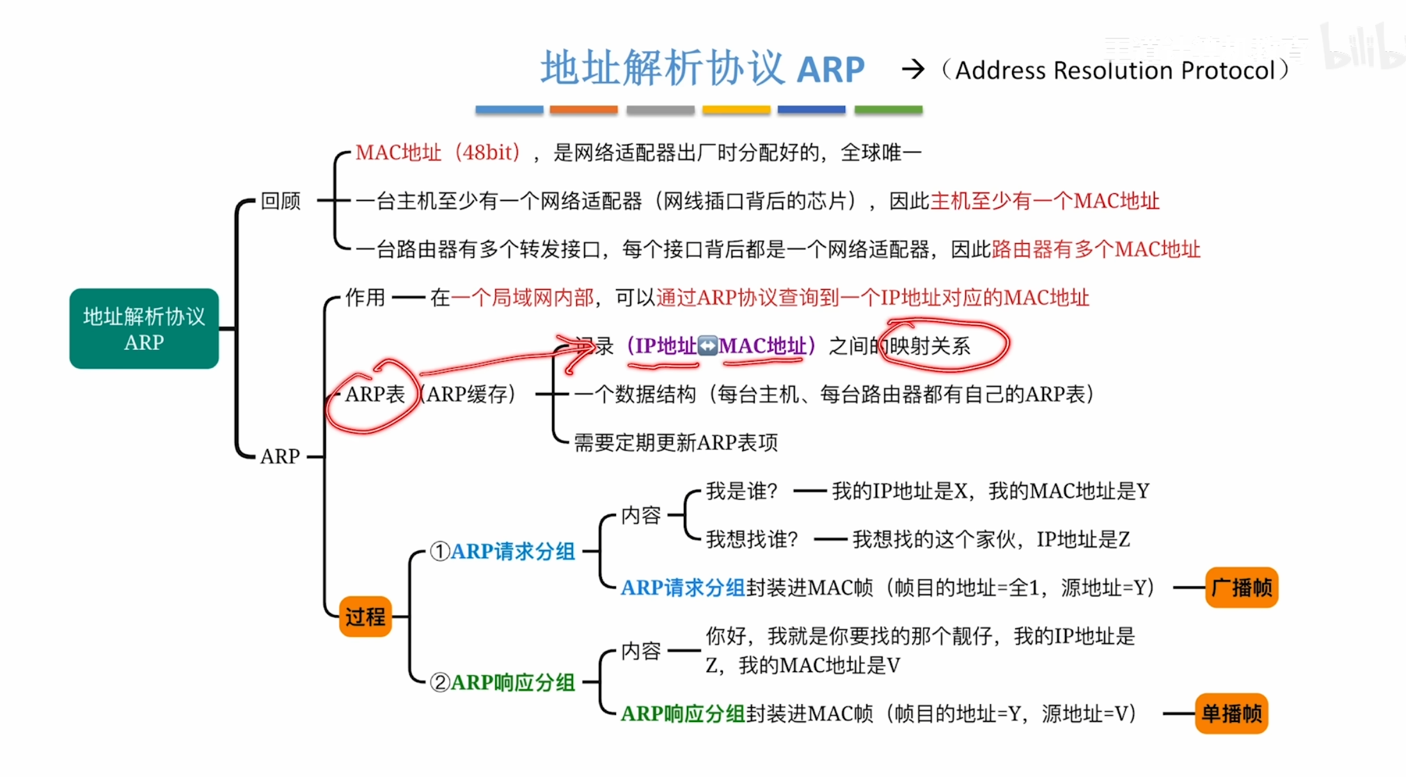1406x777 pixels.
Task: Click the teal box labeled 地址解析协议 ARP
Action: coord(144,328)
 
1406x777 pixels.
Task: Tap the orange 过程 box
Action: coord(365,616)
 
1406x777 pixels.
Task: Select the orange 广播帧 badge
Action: coord(1242,587)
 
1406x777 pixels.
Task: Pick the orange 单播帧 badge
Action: coord(1231,713)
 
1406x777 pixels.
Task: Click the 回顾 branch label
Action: coord(280,201)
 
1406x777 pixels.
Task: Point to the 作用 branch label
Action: coord(365,298)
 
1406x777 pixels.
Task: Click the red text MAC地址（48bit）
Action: coord(438,152)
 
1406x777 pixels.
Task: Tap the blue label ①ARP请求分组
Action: coord(503,551)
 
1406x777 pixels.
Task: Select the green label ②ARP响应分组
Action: coord(503,682)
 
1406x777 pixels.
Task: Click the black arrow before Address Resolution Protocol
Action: coord(913,69)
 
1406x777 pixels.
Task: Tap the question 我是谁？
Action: coord(741,492)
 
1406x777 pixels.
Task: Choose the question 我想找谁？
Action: coord(752,540)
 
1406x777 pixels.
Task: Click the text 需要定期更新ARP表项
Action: coord(675,442)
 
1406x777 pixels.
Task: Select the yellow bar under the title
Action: coord(736,110)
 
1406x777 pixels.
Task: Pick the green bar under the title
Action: coord(889,110)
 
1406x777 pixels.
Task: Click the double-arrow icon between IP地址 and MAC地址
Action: coord(707,346)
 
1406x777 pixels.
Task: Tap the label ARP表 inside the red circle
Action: coord(375,394)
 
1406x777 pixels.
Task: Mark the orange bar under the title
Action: coord(583,110)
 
